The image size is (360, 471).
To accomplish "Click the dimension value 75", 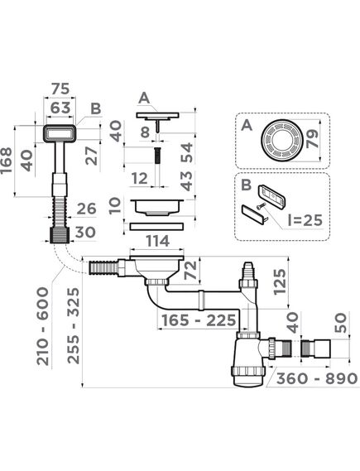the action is (60, 89).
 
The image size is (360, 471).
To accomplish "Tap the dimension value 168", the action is (7, 160).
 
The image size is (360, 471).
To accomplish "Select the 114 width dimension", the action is (157, 241).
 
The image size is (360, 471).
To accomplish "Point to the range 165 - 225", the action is (199, 320).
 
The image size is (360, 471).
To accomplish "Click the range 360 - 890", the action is (317, 378).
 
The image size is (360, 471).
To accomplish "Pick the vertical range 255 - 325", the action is (74, 326).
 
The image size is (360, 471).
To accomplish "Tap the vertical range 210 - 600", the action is (42, 326).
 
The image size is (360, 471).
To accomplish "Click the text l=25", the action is (305, 220).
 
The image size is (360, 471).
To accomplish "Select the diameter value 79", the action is (313, 139).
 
